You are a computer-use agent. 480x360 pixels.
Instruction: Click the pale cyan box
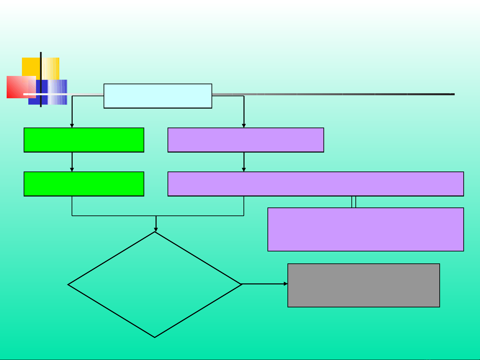[158, 96]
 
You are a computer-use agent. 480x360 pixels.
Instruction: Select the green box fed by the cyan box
[84, 140]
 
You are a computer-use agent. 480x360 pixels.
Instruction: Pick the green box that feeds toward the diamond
[84, 184]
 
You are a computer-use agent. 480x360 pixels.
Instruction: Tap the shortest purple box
[245, 140]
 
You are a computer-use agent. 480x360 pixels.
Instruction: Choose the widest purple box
[315, 184]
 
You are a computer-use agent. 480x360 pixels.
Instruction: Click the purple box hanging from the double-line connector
[365, 229]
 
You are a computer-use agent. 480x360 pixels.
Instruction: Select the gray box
[363, 285]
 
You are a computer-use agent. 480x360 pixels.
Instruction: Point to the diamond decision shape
[155, 285]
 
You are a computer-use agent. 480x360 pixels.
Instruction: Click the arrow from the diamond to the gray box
[264, 284]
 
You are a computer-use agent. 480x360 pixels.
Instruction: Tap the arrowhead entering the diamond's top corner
[156, 229]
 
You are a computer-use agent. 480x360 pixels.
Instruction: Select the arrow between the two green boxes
[72, 162]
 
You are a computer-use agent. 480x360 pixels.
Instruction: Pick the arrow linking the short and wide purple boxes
[244, 162]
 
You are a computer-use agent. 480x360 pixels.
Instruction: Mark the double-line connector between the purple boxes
[354, 202]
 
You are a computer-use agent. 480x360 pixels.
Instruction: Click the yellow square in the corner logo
[32, 66]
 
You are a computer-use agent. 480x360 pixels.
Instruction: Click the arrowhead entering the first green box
[72, 126]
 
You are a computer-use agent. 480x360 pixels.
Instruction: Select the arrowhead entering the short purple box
[244, 126]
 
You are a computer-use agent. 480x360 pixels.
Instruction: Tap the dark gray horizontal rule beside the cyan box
[333, 94]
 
